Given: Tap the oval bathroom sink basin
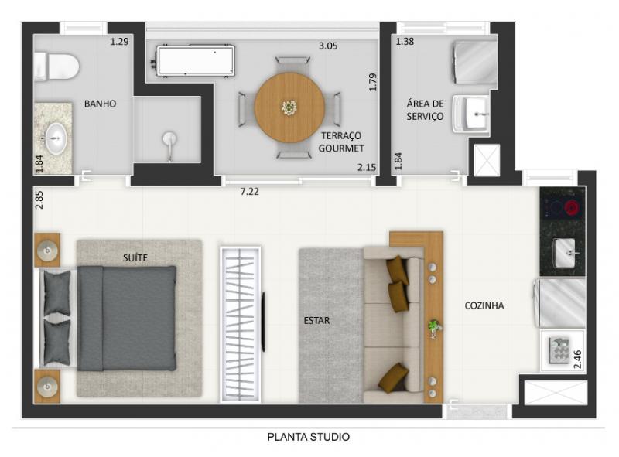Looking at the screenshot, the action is [55, 138].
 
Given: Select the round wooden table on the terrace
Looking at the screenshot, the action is [289, 107].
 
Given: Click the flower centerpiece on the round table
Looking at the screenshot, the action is [289, 107].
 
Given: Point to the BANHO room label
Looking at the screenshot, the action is [101, 104].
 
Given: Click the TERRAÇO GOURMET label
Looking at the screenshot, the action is [341, 142].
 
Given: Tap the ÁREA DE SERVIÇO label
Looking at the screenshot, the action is [425, 110].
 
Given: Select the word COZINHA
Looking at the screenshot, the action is [484, 305].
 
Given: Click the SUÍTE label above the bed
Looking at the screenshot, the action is [135, 257].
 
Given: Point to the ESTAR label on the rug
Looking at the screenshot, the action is [316, 320].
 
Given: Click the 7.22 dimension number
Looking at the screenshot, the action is [250, 192].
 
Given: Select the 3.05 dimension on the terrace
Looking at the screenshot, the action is [328, 46].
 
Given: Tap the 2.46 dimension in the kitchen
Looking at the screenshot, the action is [577, 360].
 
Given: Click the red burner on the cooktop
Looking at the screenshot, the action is [571, 207].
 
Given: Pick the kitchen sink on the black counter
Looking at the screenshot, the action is [567, 253].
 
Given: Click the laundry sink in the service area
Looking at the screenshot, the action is [471, 114].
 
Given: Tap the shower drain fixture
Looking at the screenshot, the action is [169, 143].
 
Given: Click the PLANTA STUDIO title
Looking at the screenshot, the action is [308, 437].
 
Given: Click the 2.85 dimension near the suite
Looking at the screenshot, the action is [39, 200].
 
